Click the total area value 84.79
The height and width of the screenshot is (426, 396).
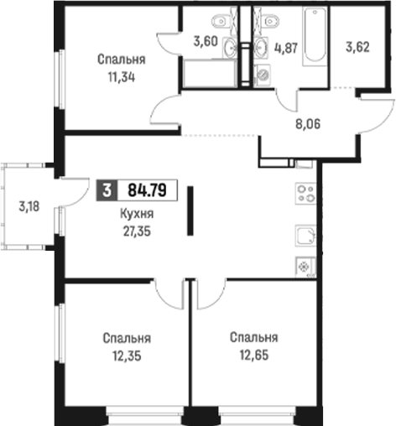point(147,190)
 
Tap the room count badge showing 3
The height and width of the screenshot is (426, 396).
point(107,190)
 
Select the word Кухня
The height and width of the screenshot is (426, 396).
point(137,214)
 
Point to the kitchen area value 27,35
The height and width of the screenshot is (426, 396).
point(137,231)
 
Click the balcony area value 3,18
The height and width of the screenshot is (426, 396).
point(29,207)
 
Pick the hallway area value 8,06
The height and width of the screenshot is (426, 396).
point(308,123)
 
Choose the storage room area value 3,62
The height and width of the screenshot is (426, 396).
point(357,47)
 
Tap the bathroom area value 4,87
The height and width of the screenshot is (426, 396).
point(286,48)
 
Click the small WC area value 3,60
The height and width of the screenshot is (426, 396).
point(206,42)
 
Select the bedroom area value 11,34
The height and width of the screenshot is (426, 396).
point(122,77)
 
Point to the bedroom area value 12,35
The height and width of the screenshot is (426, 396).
point(127,356)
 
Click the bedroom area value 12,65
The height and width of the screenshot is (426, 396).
point(254,355)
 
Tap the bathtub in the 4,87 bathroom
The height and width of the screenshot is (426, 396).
point(315,36)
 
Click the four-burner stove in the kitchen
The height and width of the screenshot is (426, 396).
point(306,194)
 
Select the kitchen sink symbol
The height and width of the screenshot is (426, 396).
point(306,236)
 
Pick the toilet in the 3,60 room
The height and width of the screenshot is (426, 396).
point(222,21)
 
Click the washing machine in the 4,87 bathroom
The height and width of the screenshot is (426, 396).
point(263,74)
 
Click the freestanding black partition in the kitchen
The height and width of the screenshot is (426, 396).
point(190,210)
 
